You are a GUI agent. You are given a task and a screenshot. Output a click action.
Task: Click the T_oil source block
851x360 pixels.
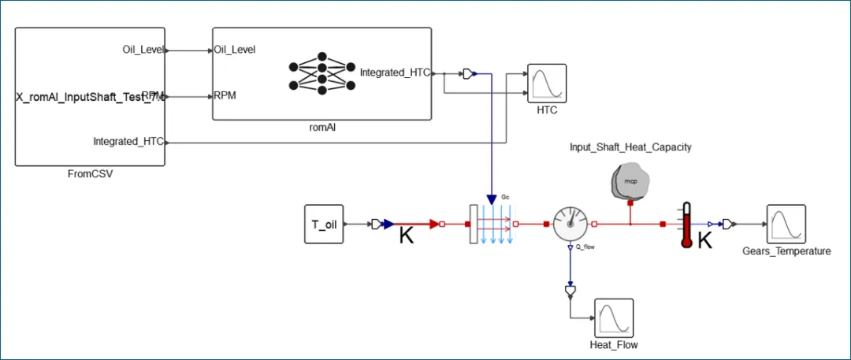[x=325, y=225]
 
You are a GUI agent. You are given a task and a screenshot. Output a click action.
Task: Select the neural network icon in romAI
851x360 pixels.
[x=321, y=74]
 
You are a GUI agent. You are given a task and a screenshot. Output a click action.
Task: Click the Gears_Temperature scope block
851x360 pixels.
[x=786, y=225]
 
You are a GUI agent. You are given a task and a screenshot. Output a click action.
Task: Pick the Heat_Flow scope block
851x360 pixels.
[x=614, y=317]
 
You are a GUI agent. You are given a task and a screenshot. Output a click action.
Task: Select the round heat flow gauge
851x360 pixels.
[x=570, y=225]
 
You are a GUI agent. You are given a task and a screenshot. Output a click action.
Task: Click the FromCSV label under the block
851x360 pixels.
[x=91, y=175]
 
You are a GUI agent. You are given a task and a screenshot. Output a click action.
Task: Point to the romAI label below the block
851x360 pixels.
[x=321, y=127]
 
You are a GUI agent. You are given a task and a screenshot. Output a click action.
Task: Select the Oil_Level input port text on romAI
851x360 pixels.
[x=235, y=50]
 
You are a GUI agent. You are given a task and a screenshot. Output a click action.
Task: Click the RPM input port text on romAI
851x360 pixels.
[x=225, y=96]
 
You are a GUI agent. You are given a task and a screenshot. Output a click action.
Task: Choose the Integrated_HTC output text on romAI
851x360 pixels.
[x=395, y=72]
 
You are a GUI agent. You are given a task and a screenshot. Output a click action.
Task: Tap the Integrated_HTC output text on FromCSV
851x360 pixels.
[x=128, y=142]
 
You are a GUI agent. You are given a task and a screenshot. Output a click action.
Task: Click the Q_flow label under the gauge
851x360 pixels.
[x=585, y=248]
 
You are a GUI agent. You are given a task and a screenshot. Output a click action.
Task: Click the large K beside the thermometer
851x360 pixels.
[x=705, y=240]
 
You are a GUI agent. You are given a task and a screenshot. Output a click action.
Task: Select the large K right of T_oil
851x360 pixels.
[x=407, y=235]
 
